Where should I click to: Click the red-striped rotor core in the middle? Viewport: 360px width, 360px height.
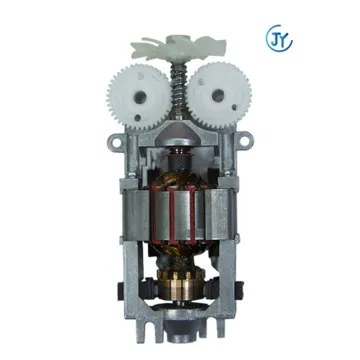pos(180,215)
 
